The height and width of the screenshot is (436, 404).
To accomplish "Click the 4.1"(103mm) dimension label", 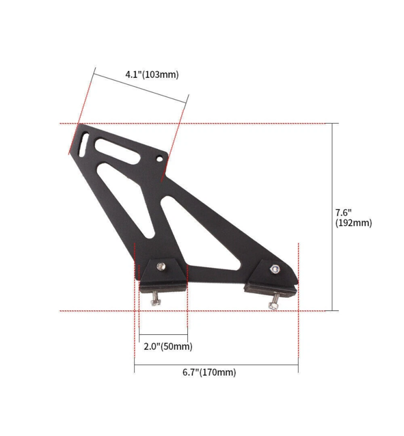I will (151, 74).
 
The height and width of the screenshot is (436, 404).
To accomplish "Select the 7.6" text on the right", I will (344, 211).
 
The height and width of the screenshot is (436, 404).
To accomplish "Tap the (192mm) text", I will (353, 223).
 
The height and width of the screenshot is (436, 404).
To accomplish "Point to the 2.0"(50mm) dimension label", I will (167, 346).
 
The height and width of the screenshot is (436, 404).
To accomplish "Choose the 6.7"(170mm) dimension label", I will (208, 372).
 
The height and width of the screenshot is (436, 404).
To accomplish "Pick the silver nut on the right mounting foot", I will (274, 269).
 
